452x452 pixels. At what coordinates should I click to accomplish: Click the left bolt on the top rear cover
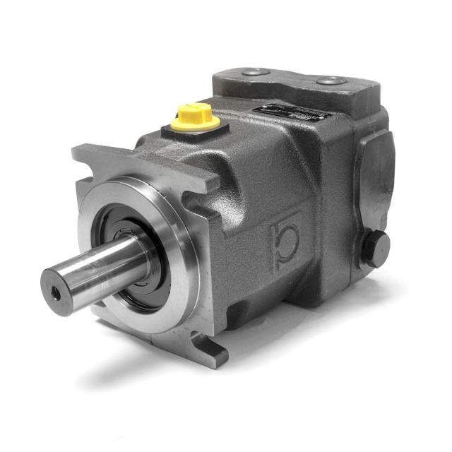(255, 71)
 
